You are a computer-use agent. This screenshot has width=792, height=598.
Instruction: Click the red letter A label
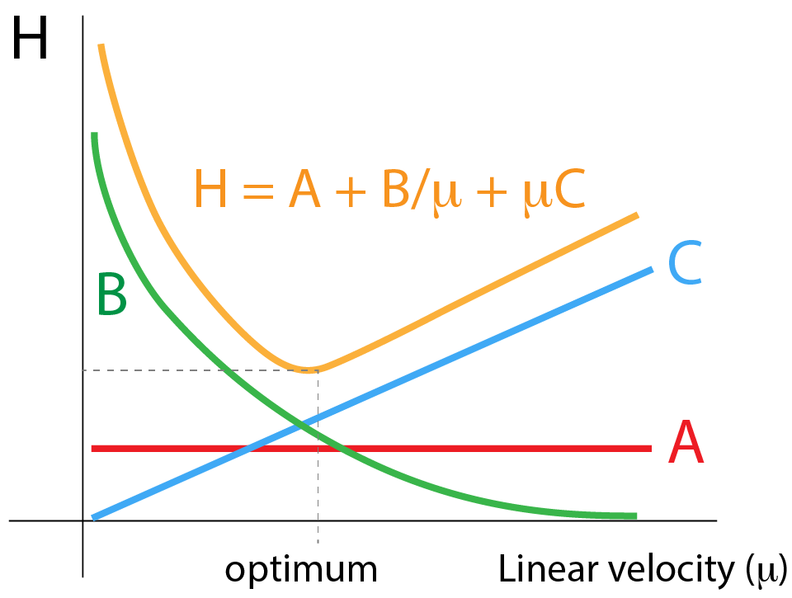tap(686, 443)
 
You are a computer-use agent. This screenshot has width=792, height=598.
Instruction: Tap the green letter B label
tap(111, 294)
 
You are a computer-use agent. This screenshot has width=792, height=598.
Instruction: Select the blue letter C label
tap(685, 264)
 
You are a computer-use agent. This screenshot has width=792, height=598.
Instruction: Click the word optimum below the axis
tap(301, 569)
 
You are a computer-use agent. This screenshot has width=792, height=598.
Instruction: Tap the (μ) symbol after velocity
tap(765, 570)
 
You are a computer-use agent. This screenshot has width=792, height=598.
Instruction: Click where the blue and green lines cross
tap(301, 425)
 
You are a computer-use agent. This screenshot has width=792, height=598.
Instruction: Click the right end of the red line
tap(650, 449)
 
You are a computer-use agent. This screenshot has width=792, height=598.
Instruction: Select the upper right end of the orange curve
tap(636, 215)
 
